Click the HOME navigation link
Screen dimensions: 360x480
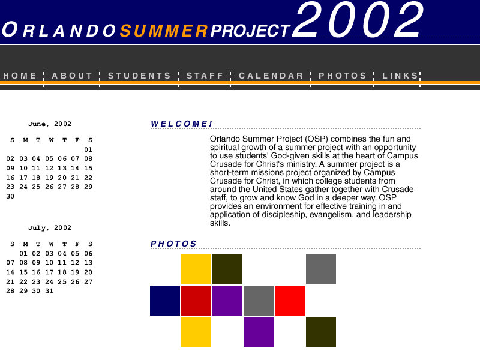pyautogui.click(x=20, y=76)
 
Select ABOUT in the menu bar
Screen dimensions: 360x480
pyautogui.click(x=73, y=76)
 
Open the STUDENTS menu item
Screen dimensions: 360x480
pyautogui.click(x=140, y=76)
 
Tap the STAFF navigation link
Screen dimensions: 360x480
pyautogui.click(x=205, y=76)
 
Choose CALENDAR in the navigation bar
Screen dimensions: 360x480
pyautogui.click(x=271, y=76)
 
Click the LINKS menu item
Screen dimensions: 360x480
pyautogui.click(x=401, y=76)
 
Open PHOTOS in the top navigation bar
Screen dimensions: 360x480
pyautogui.click(x=343, y=76)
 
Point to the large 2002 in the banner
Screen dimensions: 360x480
pyautogui.click(x=359, y=21)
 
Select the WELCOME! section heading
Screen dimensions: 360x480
pyautogui.click(x=182, y=124)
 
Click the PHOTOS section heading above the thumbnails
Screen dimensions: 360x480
pyautogui.click(x=174, y=244)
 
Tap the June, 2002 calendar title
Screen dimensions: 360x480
pyautogui.click(x=50, y=124)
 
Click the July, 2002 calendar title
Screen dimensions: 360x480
pyautogui.click(x=50, y=228)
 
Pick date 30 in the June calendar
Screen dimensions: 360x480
pyautogui.click(x=10, y=196)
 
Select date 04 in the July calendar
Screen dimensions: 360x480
pyautogui.click(x=62, y=253)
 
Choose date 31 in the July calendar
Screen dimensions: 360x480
pyautogui.click(x=49, y=291)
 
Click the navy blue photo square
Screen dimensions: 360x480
pyautogui.click(x=165, y=301)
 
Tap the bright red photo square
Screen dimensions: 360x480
pyautogui.click(x=290, y=301)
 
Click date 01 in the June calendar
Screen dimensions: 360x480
pyautogui.click(x=88, y=149)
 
